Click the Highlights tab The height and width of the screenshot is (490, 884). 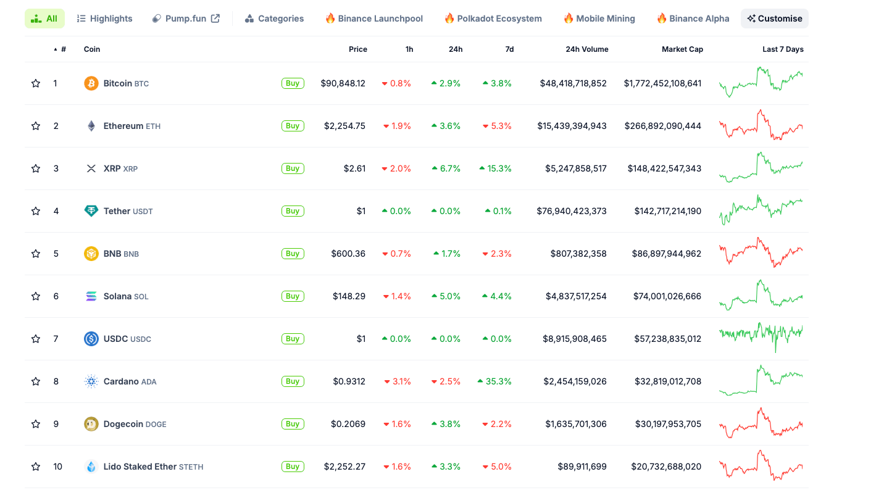click(x=104, y=19)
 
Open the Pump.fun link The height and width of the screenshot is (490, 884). click(x=186, y=19)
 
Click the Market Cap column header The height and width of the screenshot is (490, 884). click(x=682, y=49)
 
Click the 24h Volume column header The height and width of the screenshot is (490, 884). click(x=586, y=49)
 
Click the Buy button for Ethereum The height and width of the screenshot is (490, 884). click(x=293, y=126)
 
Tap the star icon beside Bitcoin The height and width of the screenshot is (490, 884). click(x=36, y=83)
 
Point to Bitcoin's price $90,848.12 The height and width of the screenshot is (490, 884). click(x=343, y=83)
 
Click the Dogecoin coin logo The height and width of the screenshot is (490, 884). click(x=91, y=424)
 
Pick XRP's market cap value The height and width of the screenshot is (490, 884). click(x=664, y=168)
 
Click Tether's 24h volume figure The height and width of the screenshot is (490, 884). click(x=572, y=211)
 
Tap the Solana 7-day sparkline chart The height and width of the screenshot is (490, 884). click(x=761, y=296)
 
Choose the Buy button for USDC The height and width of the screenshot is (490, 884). click(x=293, y=339)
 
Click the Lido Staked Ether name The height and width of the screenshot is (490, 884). click(x=140, y=467)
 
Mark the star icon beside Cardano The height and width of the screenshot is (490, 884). click(x=36, y=381)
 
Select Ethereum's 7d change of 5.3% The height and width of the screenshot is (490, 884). click(x=497, y=126)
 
